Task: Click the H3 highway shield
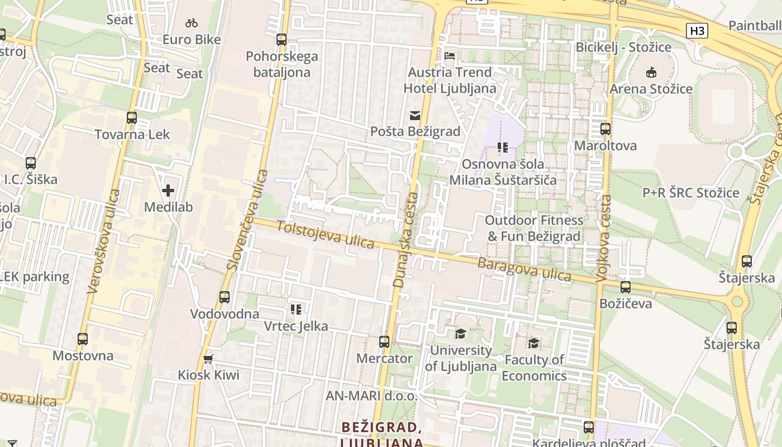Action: (x=697, y=31)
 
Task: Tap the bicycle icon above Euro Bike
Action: (x=192, y=23)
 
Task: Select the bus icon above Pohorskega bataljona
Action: (x=282, y=40)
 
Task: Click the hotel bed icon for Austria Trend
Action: (x=450, y=56)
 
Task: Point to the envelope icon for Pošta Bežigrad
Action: (x=415, y=116)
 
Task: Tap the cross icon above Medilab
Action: (x=168, y=191)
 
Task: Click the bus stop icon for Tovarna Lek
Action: (x=132, y=118)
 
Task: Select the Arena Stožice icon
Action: (x=651, y=73)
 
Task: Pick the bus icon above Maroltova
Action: (x=605, y=129)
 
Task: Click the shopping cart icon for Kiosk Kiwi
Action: (x=208, y=359)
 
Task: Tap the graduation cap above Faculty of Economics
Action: (x=534, y=343)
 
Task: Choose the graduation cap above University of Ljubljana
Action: (x=460, y=334)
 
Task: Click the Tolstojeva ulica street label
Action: (x=325, y=235)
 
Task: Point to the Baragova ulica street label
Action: (x=524, y=269)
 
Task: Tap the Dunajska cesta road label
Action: (x=406, y=240)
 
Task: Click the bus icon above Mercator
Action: (x=384, y=342)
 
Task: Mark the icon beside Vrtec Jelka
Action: (x=296, y=309)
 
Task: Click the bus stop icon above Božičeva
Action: (x=626, y=287)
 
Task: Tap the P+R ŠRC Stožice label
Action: (x=690, y=193)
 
